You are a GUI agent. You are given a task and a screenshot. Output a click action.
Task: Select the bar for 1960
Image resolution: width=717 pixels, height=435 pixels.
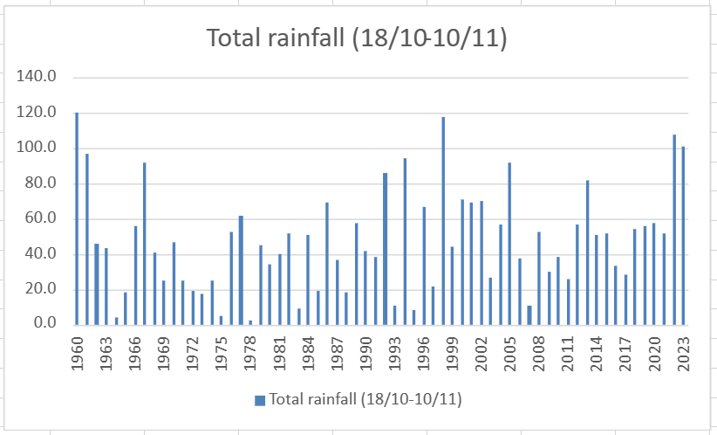[77, 218]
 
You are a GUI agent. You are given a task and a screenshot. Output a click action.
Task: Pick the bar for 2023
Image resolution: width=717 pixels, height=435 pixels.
[683, 235]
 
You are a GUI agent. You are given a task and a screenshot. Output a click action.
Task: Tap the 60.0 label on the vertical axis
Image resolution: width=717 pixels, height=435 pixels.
[39, 218]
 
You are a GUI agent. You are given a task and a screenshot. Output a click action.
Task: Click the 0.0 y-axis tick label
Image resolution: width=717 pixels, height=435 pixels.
[43, 324]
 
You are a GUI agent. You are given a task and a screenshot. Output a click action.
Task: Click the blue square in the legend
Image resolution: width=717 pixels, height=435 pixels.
[259, 400]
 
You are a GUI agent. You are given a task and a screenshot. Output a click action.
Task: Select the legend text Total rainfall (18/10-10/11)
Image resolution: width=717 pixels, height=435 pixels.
[365, 399]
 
